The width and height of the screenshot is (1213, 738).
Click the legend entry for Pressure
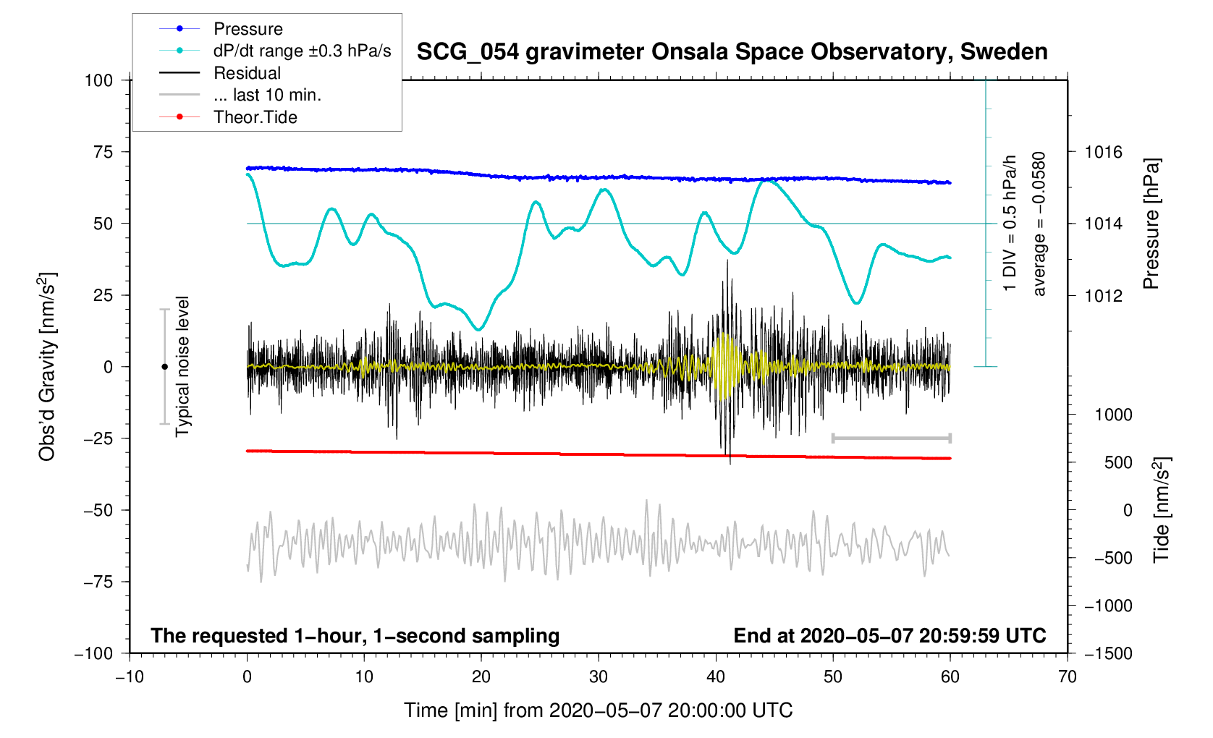pos(248,29)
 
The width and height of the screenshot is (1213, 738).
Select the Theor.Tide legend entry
pos(255,117)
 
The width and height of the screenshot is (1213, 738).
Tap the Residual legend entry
pos(247,73)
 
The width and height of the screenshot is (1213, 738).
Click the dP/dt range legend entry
pos(302,51)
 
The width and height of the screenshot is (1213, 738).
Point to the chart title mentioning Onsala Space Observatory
pos(732,52)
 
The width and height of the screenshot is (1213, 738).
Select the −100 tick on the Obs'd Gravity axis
pos(94,653)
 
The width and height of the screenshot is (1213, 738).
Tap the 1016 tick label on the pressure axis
pos(1103,152)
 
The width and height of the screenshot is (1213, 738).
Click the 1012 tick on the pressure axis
pos(1103,295)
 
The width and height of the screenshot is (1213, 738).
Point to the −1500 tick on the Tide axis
pos(1108,653)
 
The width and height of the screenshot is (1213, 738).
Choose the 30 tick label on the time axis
pos(599,677)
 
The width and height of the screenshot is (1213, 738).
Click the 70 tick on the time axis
pos(1067,677)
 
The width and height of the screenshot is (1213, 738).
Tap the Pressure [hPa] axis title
pos(1151,224)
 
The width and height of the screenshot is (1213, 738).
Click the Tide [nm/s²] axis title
pos(1162,509)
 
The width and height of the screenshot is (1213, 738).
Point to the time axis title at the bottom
pos(598,711)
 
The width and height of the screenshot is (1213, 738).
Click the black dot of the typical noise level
pos(164,367)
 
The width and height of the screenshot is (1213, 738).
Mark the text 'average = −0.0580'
pos(1039,224)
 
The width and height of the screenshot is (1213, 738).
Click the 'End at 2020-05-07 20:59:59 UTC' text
pos(889,636)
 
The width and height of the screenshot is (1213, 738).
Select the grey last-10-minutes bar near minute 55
pos(891,438)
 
